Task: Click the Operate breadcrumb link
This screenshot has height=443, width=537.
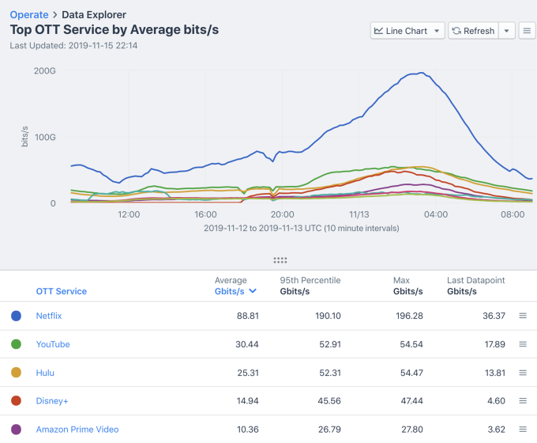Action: point(28,15)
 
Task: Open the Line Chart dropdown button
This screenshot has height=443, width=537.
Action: point(407,31)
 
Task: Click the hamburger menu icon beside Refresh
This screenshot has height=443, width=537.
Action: point(527,31)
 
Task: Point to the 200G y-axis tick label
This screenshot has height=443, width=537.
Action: point(44,70)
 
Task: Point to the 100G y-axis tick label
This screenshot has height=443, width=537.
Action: point(44,137)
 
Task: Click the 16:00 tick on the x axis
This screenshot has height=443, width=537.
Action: point(205,214)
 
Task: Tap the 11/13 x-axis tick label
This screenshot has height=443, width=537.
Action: point(359,214)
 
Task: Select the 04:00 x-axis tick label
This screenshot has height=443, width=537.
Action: point(435,214)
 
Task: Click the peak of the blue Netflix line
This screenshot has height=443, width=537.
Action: point(422,74)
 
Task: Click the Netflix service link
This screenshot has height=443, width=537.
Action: point(49,316)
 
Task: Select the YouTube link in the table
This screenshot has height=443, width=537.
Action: point(53,344)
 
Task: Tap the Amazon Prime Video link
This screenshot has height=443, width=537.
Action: point(77,430)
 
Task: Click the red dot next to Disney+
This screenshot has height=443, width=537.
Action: point(16,401)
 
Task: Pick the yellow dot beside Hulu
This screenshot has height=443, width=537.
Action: point(16,373)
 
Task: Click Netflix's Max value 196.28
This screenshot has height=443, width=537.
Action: point(407,316)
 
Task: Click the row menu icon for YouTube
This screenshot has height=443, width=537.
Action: point(522,344)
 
